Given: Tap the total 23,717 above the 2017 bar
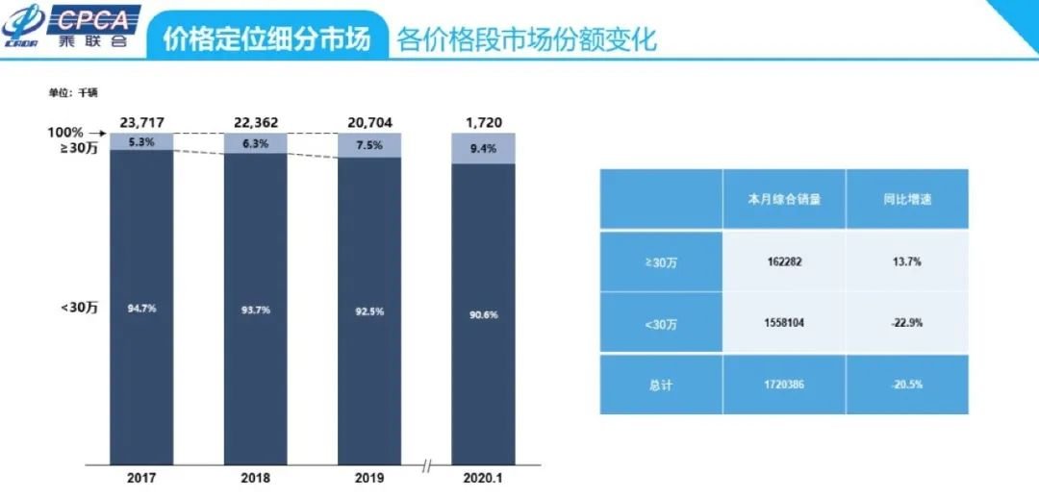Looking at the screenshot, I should click(141, 122).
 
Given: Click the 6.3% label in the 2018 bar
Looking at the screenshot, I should click(255, 144).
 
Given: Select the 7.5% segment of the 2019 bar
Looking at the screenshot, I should click(368, 145).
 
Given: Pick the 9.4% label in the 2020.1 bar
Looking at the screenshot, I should click(483, 148).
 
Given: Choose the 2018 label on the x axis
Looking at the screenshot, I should click(255, 478).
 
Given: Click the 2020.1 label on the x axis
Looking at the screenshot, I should click(483, 478).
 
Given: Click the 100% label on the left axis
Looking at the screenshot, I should click(66, 132).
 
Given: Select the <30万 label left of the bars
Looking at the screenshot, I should click(80, 307).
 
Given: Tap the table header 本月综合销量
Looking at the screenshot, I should click(783, 200).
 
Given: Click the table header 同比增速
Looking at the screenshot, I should click(906, 200).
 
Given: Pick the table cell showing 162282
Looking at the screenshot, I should click(783, 261).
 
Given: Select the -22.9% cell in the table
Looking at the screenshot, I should click(906, 323).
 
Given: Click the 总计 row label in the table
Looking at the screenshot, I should click(661, 384).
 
